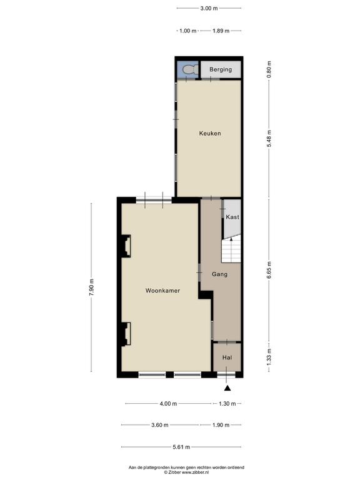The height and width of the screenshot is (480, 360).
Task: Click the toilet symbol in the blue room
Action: click(190, 70)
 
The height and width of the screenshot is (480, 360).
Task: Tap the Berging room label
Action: click(221, 69)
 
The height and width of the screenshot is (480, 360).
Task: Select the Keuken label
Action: click(210, 133)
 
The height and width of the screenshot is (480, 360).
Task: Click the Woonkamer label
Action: click(162, 291)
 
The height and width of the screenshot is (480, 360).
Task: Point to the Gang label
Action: click(220, 274)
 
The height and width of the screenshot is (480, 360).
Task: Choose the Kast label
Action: click(232, 217)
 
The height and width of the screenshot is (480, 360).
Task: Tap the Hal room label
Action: click(227, 357)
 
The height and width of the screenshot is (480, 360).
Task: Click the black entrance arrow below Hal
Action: click(227, 388)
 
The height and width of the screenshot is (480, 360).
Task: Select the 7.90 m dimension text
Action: click(91, 287)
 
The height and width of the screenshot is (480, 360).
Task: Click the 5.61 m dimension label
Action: click(181, 447)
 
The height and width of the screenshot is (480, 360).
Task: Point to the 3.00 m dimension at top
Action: click(209, 8)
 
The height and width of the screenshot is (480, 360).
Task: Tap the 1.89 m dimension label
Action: click(221, 31)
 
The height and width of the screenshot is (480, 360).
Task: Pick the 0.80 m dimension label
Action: click(269, 69)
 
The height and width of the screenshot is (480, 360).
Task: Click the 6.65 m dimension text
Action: click(269, 270)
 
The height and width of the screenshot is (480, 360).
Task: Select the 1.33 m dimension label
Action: click(269, 357)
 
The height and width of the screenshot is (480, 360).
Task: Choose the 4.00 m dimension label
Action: click(168, 404)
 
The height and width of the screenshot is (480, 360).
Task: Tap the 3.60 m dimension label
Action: click(160, 425)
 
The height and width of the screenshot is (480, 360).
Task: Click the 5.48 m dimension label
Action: click(269, 138)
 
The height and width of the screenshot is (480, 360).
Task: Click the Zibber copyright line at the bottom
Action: click(186, 472)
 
